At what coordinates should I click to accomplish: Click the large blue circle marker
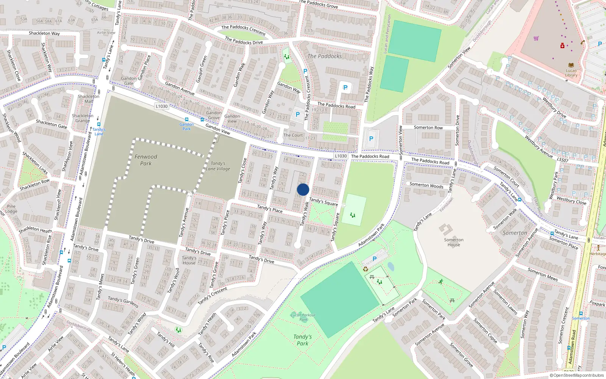pyautogui.click(x=303, y=189)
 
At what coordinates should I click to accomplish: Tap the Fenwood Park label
pyautogui.click(x=146, y=160)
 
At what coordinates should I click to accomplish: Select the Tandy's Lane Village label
pyautogui.click(x=218, y=166)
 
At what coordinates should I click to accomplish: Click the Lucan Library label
pyautogui.click(x=571, y=73)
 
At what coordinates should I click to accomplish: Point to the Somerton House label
pyautogui.click(x=453, y=242)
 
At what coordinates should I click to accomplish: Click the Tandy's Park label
pyautogui.click(x=302, y=340)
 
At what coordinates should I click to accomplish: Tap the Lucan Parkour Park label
pyautogui.click(x=303, y=317)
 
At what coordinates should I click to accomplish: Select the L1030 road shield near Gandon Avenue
pyautogui.click(x=162, y=106)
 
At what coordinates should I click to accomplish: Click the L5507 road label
pyautogui.click(x=562, y=160)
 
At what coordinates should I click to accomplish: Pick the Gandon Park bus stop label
pyautogui.click(x=186, y=127)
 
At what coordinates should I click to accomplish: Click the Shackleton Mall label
pyautogui.click(x=89, y=99)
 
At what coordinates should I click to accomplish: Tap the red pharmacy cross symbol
pyautogui.click(x=562, y=46)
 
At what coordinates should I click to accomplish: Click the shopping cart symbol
pyautogui.click(x=536, y=38)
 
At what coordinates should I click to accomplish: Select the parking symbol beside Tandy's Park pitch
pyautogui.click(x=374, y=259)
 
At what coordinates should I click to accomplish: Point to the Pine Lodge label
pyautogui.click(x=11, y=209)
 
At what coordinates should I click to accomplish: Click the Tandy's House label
pyautogui.click(x=189, y=260)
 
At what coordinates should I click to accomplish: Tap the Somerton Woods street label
pyautogui.click(x=426, y=185)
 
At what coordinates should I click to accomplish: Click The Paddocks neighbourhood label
pyautogui.click(x=325, y=56)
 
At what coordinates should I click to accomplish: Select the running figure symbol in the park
pyautogui.click(x=440, y=282)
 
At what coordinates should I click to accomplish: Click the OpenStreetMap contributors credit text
pyautogui.click(x=576, y=375)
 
